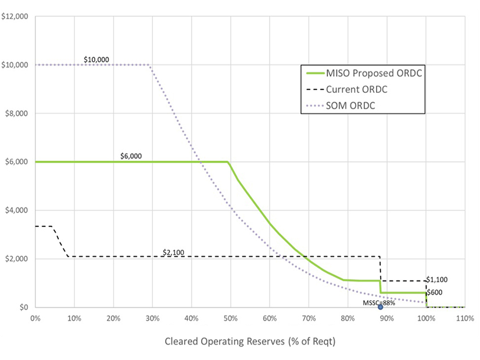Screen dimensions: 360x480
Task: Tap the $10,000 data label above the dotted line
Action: point(96,59)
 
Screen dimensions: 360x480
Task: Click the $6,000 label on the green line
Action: point(131,156)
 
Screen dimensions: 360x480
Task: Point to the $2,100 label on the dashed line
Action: point(174,252)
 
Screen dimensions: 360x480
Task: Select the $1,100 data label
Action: point(437,279)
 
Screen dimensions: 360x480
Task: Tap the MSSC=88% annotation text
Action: point(379,303)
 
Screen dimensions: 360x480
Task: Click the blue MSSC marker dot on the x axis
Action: point(381,307)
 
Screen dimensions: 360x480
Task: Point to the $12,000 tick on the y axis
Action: point(16,16)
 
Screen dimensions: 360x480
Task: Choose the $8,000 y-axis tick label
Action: point(17,113)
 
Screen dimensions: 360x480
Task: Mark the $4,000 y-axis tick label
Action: point(17,210)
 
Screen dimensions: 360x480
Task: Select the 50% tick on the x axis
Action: point(231,318)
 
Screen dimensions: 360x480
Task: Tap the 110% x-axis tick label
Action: point(465,318)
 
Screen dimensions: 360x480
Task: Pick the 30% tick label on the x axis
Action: point(152,318)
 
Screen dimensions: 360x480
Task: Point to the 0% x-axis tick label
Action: point(35,318)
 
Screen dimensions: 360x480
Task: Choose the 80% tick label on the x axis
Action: point(348,318)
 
